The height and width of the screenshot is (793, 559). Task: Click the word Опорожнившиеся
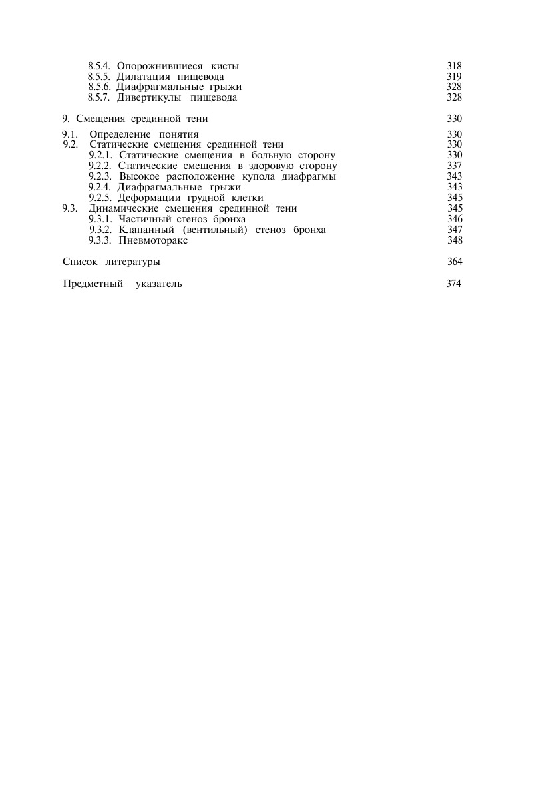160,66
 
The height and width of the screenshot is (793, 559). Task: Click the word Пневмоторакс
153,240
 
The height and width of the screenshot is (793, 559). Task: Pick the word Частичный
144,219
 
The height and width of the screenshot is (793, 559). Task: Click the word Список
79,262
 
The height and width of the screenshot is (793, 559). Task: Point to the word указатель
158,284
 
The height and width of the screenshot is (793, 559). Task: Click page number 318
454,66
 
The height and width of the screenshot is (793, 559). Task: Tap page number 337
455,166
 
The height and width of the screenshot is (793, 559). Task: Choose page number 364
455,262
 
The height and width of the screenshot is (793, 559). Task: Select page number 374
453,284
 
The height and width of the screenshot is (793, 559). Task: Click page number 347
455,230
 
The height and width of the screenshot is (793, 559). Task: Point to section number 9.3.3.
100,240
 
